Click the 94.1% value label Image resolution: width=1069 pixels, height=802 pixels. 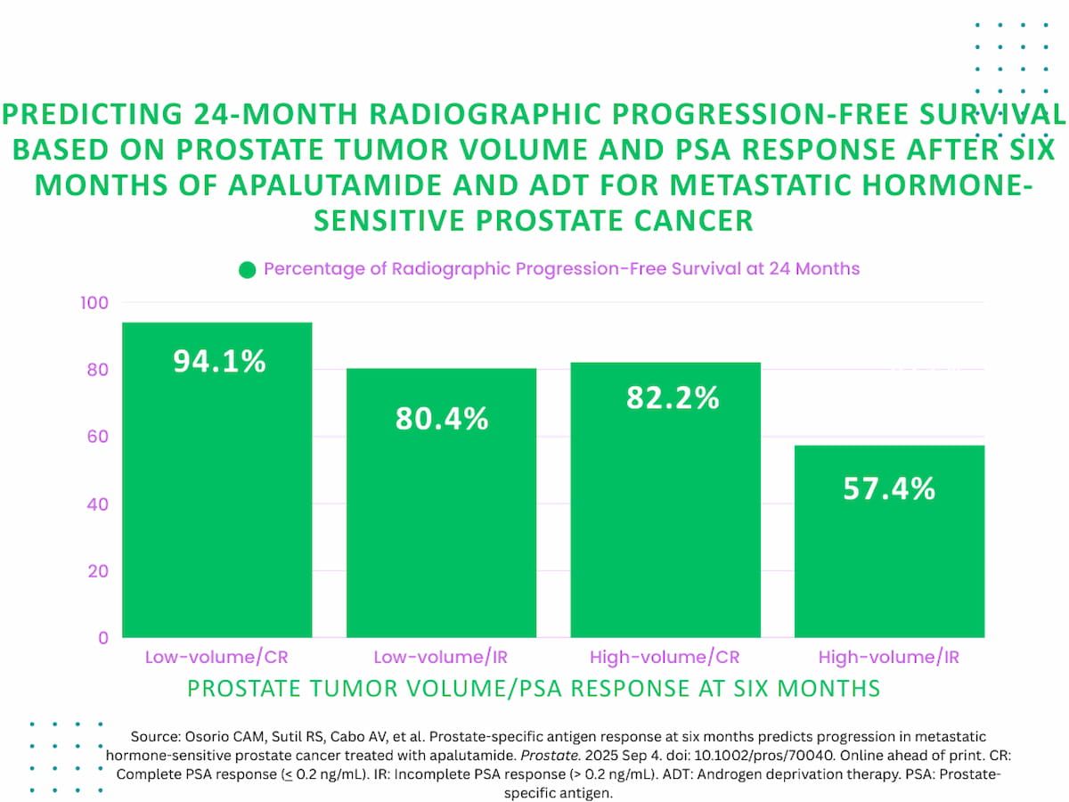tap(220, 361)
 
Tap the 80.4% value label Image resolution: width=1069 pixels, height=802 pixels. tap(442, 418)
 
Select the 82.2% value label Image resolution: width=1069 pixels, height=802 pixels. tap(673, 397)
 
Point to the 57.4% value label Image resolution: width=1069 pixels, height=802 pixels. tap(889, 488)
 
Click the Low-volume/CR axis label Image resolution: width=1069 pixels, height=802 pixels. tap(216, 658)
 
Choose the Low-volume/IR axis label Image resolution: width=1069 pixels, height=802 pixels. tap(441, 658)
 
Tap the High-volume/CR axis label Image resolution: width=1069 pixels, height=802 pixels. tap(665, 658)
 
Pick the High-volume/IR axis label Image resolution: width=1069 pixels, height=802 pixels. tap(889, 658)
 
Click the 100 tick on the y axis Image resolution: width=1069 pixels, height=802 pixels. tap(94, 303)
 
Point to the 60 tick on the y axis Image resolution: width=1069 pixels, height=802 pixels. tap(97, 437)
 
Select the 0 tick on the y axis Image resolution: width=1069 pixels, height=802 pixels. tap(103, 638)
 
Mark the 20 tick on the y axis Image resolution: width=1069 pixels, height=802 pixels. tap(98, 570)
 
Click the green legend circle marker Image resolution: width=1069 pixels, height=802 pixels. tap(248, 270)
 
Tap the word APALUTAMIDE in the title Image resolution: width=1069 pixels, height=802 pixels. tap(335, 185)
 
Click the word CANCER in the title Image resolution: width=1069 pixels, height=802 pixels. tap(693, 220)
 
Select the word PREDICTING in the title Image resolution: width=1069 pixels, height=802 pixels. tap(93, 114)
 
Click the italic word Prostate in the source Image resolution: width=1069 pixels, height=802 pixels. tap(551, 756)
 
